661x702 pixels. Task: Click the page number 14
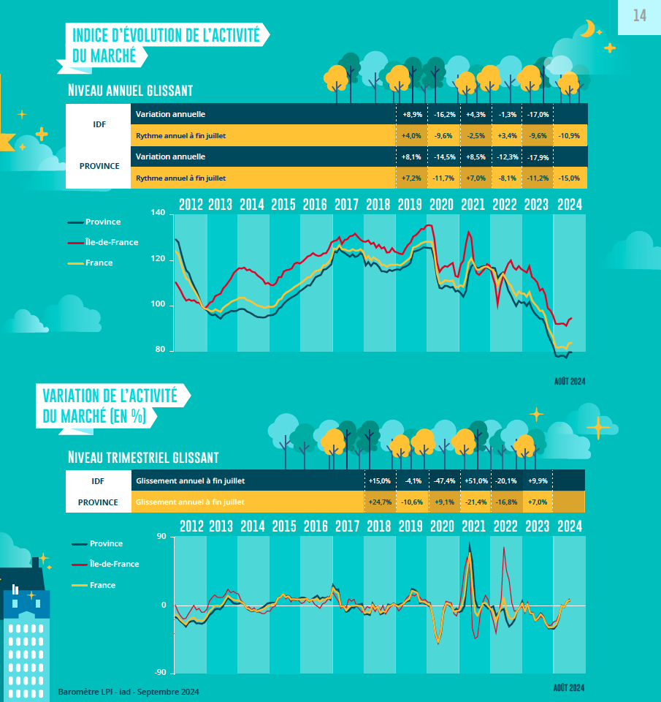pyautogui.click(x=639, y=15)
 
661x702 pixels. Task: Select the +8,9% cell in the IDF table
pyautogui.click(x=412, y=115)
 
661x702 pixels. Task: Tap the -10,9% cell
pyautogui.click(x=569, y=136)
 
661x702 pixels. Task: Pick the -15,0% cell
pyautogui.click(x=569, y=178)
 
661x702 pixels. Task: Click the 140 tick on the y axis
pyautogui.click(x=159, y=213)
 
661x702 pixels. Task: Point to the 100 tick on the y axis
pyautogui.click(x=159, y=304)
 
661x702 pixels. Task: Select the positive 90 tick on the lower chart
pyautogui.click(x=161, y=537)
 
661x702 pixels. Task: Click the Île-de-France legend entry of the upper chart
pyautogui.click(x=112, y=242)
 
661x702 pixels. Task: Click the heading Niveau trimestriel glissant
pyautogui.click(x=143, y=458)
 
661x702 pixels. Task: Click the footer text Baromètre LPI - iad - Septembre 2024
pyautogui.click(x=129, y=692)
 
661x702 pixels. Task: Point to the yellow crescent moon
pyautogui.click(x=589, y=29)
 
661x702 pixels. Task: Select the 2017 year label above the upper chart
pyautogui.click(x=346, y=205)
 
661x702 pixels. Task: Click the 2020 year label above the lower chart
pyautogui.click(x=442, y=526)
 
